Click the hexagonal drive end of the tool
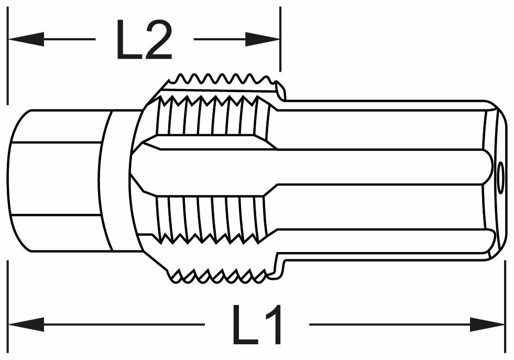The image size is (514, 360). (x=55, y=178)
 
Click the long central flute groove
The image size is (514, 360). (x=314, y=167)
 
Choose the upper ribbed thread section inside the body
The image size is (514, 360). (x=212, y=115)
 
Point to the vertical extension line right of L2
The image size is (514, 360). (x=280, y=37)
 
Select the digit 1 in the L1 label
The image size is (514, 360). (x=274, y=325)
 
